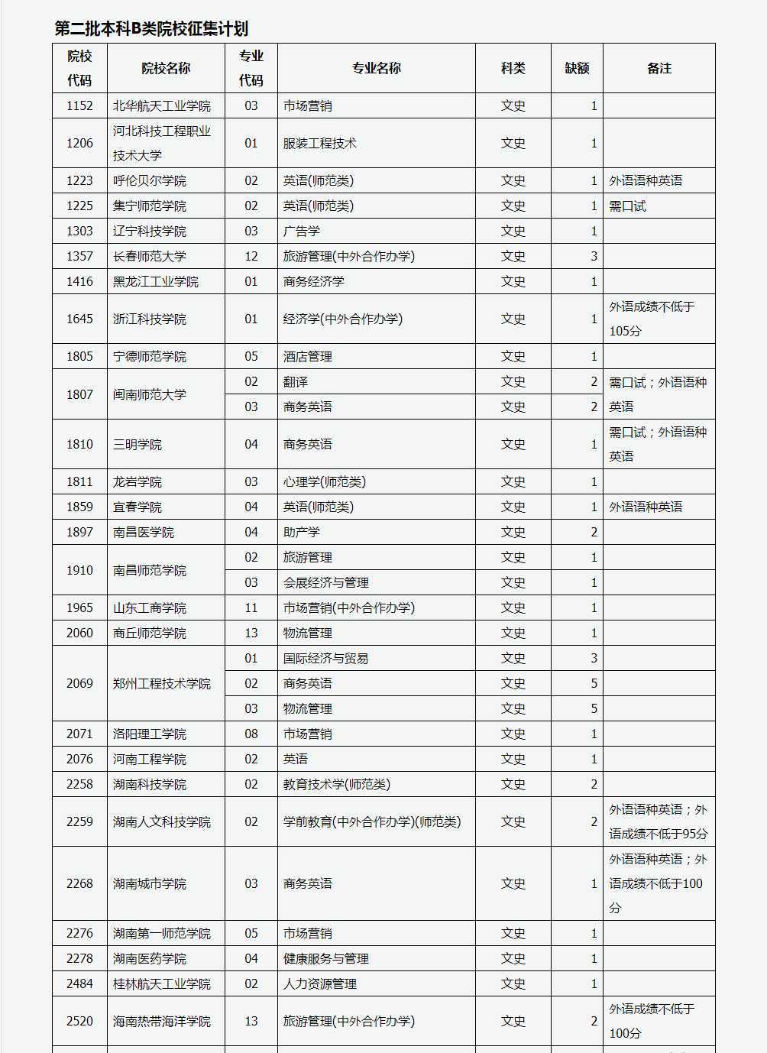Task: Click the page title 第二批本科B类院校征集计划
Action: pos(151,29)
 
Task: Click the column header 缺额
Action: pos(577,68)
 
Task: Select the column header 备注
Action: pos(659,68)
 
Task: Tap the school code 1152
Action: pos(79,105)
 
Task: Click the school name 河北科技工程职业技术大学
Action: pos(161,143)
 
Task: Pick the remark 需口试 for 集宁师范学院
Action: pos(627,206)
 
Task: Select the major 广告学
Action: pos(302,231)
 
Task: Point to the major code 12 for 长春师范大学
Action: pos(251,256)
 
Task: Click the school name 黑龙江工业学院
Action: pos(155,281)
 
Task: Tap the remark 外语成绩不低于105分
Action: pos(651,319)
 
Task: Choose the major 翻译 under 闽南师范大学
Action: pos(296,381)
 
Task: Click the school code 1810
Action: pos(79,444)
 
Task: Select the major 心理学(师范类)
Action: pos(325,481)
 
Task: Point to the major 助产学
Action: pos(302,532)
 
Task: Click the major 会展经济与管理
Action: pos(326,582)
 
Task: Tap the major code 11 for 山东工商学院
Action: pos(251,607)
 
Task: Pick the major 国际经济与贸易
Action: pos(326,658)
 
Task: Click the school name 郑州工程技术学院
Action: pos(161,683)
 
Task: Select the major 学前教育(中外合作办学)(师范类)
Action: pos(372,821)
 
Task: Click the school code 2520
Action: pos(79,1021)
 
